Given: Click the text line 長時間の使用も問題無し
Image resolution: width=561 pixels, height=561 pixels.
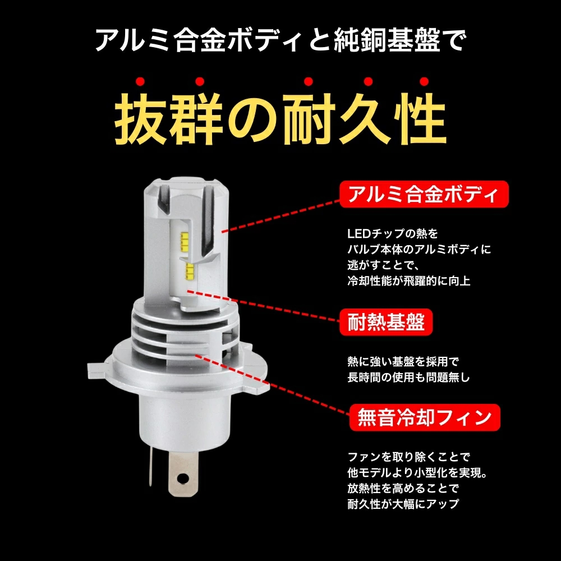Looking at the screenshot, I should pyautogui.click(x=408, y=378).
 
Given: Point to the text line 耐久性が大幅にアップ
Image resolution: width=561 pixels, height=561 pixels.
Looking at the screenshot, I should pyautogui.click(x=403, y=503).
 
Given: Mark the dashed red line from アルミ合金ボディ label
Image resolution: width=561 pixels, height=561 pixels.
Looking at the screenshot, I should pyautogui.click(x=280, y=213).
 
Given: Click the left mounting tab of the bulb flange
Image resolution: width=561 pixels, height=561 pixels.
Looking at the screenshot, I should pyautogui.click(x=97, y=370).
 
